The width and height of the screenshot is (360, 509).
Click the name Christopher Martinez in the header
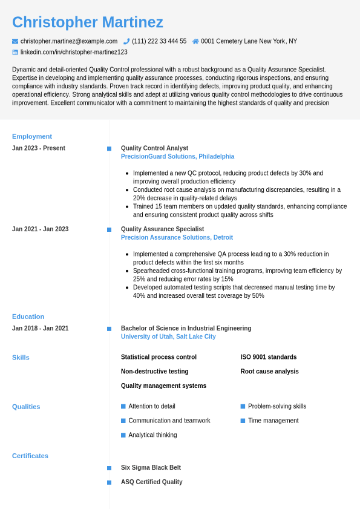coord(88,22)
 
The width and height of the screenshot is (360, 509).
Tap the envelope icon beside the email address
coord(15,41)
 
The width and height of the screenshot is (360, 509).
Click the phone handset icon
coord(126,41)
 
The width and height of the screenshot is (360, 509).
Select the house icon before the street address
coord(195,41)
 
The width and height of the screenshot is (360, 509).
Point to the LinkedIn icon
coord(15,53)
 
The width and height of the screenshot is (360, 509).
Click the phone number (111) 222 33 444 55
coord(159,41)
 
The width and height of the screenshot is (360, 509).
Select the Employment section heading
coord(32,136)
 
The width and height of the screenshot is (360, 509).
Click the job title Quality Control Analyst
coord(154,148)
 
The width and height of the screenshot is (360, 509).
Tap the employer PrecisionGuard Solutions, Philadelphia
coord(177,157)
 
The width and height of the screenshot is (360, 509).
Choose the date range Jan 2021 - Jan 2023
coord(40,229)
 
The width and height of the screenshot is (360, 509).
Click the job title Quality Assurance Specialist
coord(162,229)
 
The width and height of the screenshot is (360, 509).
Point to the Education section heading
coord(28,317)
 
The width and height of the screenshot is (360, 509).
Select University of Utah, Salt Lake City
coord(168,337)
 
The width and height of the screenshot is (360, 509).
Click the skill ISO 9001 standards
coord(269,357)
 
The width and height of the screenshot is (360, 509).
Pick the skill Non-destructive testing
coord(154,372)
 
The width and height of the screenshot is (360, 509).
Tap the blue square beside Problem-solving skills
coord(243,406)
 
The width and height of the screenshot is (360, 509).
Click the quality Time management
coord(273,421)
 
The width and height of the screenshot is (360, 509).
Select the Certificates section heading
coord(30,456)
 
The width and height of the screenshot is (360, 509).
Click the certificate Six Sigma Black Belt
coord(151,468)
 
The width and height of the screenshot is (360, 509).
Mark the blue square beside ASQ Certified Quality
coord(110,482)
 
